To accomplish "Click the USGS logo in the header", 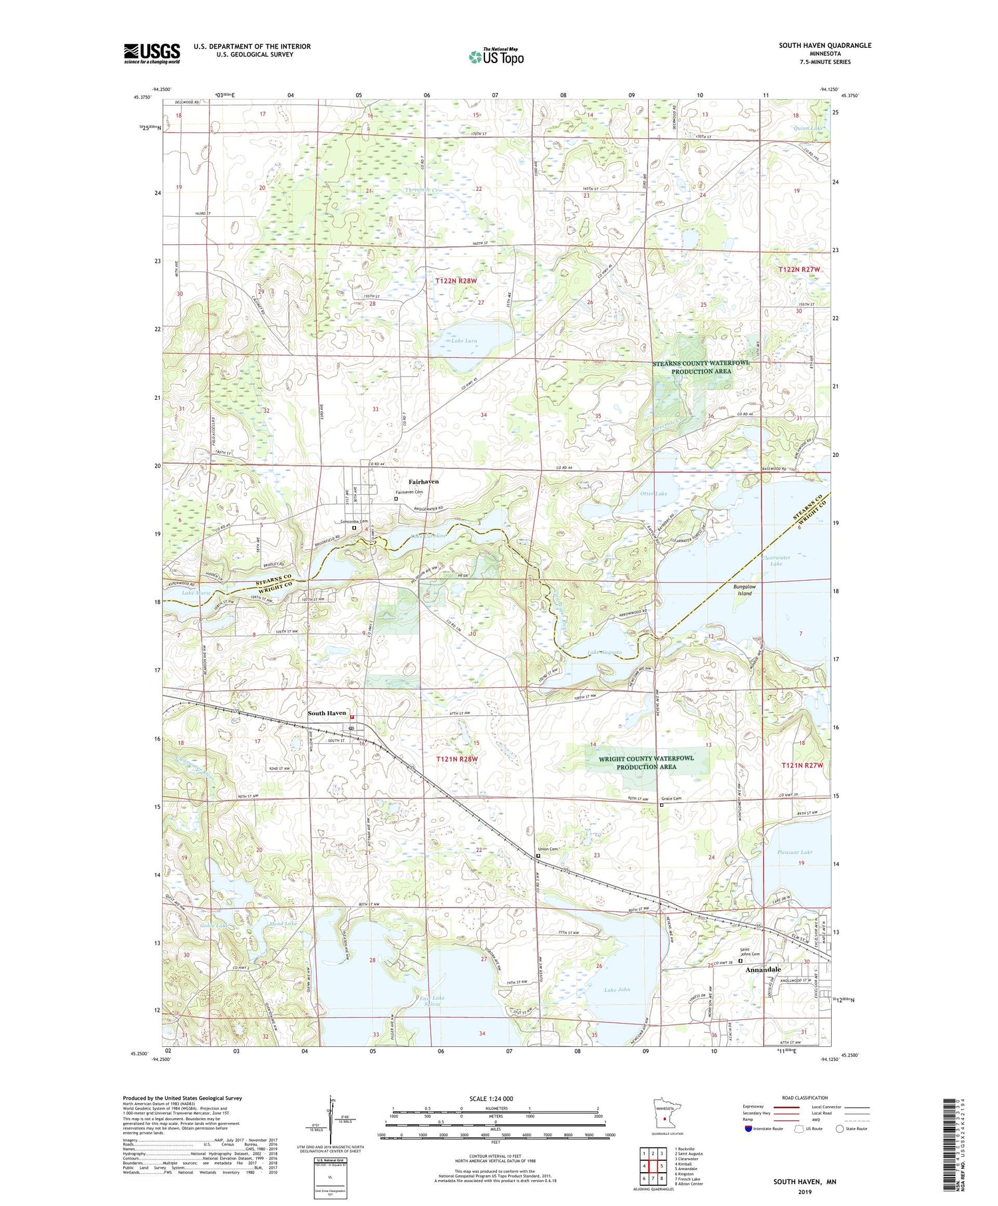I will click(152, 53).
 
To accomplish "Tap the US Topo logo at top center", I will click(496, 57).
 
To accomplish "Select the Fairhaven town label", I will click(424, 482).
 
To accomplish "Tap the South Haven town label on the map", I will click(327, 713).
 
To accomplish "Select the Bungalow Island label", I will click(745, 590).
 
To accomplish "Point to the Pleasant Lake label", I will click(794, 852).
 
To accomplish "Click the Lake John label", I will click(617, 990).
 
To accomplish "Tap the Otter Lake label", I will click(653, 494).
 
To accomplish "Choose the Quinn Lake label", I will click(808, 128).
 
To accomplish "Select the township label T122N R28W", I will click(456, 281).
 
